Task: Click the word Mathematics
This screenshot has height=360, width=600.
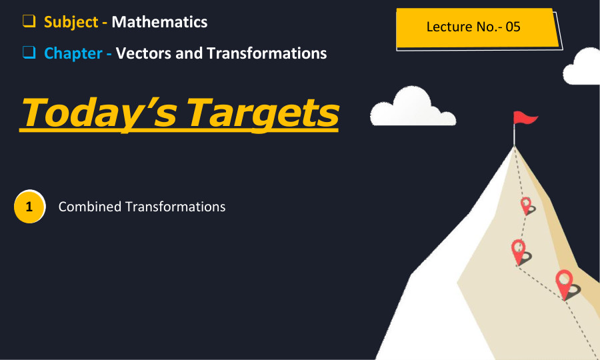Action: click(159, 22)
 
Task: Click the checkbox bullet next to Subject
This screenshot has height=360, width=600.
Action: click(29, 21)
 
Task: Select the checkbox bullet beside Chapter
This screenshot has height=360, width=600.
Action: click(29, 53)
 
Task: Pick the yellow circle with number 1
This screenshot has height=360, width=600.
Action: click(29, 207)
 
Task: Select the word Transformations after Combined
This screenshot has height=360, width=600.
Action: click(175, 207)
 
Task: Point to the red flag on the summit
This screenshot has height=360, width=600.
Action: click(525, 119)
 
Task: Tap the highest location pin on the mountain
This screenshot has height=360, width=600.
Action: click(526, 205)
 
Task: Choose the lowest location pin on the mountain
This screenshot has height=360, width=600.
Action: click(565, 283)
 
